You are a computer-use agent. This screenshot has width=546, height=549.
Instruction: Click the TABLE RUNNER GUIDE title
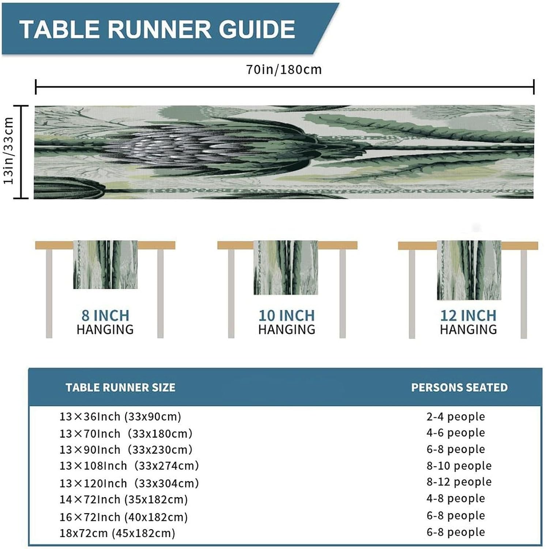pyautogui.click(x=157, y=29)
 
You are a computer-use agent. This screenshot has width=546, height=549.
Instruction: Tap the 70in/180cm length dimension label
pyautogui.click(x=284, y=70)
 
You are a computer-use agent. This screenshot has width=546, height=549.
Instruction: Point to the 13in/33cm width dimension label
pyautogui.click(x=9, y=151)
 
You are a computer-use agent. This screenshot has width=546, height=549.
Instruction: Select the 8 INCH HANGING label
pyautogui.click(x=105, y=322)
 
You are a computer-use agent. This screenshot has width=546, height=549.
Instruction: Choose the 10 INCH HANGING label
pyautogui.click(x=287, y=322)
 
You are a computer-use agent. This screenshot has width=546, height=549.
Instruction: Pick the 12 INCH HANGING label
pyautogui.click(x=468, y=322)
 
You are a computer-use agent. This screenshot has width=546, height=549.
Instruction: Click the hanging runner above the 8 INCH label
pyautogui.click(x=105, y=264)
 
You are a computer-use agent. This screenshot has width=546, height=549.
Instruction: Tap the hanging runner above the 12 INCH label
pyautogui.click(x=469, y=270)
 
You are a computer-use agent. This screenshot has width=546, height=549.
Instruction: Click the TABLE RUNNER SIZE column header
pyautogui.click(x=120, y=388)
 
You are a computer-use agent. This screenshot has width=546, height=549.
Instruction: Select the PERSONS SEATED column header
pyautogui.click(x=459, y=388)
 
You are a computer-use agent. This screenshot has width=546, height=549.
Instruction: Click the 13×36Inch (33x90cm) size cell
pyautogui.click(x=120, y=417)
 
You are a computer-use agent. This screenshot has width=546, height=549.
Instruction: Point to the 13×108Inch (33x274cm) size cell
pyautogui.click(x=129, y=466)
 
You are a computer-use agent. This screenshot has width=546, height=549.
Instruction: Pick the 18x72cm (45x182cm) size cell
pyautogui.click(x=117, y=533)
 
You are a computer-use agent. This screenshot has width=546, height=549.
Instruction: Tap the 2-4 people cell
pyautogui.click(x=456, y=417)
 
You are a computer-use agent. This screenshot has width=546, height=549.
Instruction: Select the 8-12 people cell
pyautogui.click(x=459, y=482)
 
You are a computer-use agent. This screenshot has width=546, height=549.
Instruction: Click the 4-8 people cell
pyautogui.click(x=456, y=498)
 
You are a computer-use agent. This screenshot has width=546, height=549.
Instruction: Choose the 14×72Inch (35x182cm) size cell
pyautogui.click(x=124, y=499)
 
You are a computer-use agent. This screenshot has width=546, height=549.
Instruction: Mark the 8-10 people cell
pyautogui.click(x=459, y=466)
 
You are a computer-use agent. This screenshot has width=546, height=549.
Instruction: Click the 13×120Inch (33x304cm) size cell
pyautogui.click(x=129, y=483)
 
